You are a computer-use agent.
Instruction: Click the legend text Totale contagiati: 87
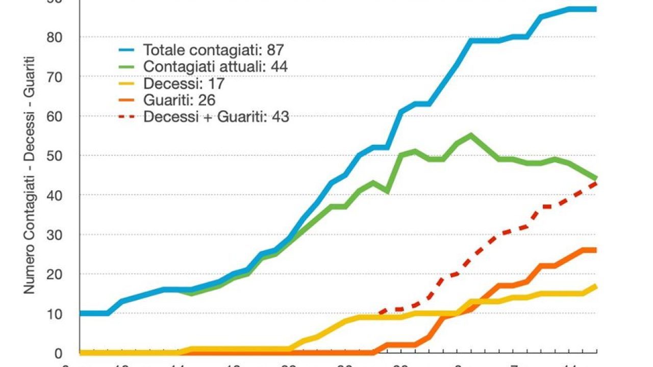click(x=213, y=50)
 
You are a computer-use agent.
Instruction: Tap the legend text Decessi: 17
click(x=184, y=83)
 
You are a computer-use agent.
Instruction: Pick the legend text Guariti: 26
click(x=180, y=100)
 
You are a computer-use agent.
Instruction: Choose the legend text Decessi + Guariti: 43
click(x=216, y=117)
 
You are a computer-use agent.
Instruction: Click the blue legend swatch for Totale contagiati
click(x=127, y=50)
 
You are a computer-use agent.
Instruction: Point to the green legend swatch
click(x=127, y=66)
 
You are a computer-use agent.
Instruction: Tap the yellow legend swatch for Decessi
click(x=127, y=83)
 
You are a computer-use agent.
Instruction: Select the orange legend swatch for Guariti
click(x=127, y=100)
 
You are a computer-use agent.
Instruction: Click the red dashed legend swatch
click(x=127, y=117)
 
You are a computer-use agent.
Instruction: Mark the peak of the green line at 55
click(x=470, y=135)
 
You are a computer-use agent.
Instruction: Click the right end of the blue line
click(x=595, y=9)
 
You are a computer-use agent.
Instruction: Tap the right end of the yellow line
click(x=595, y=286)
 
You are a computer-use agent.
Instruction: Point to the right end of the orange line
click(x=595, y=250)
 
